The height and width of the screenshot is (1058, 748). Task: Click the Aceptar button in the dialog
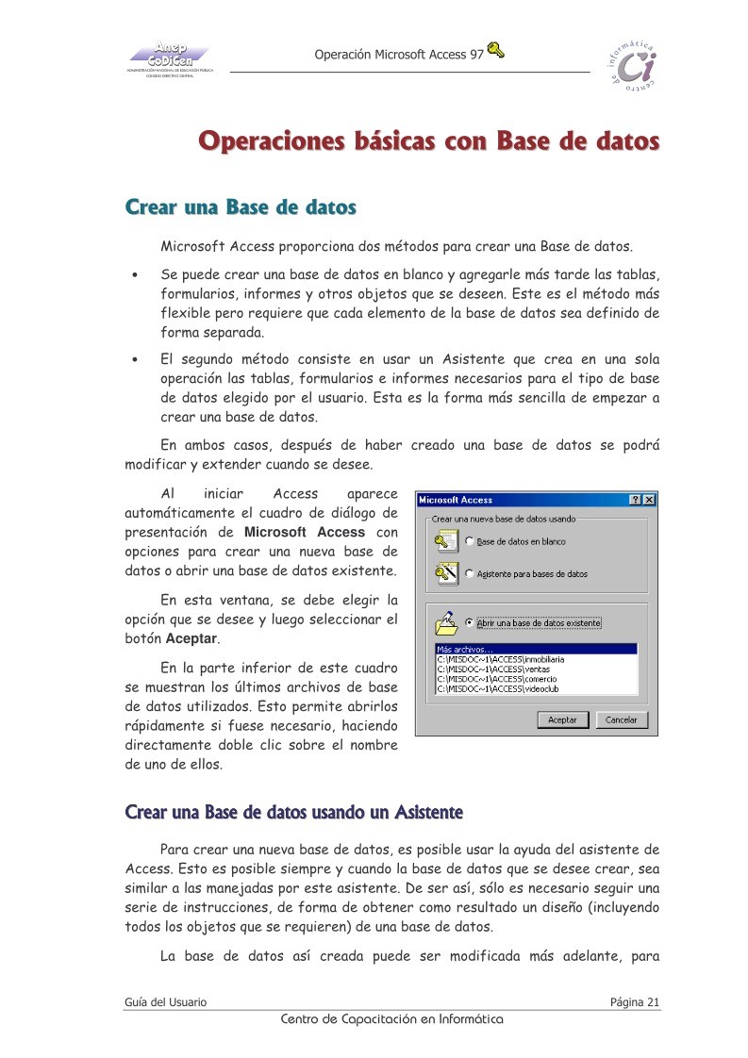coord(563,719)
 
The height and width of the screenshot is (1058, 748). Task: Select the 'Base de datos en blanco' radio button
coord(470,542)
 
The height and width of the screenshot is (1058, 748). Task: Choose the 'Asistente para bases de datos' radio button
coord(470,573)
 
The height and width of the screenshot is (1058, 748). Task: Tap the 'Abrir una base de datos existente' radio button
coord(470,623)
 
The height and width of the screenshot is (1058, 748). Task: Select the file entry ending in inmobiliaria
coord(500,659)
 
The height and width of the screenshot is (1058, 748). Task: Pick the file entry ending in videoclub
coord(495,689)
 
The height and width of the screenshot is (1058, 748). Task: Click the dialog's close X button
coord(648,500)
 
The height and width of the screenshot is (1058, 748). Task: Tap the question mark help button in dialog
coord(635,500)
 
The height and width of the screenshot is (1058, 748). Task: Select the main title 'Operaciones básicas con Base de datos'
coord(428,143)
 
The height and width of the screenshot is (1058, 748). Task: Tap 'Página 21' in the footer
coord(634,1001)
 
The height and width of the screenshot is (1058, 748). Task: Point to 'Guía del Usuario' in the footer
coord(166,1001)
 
